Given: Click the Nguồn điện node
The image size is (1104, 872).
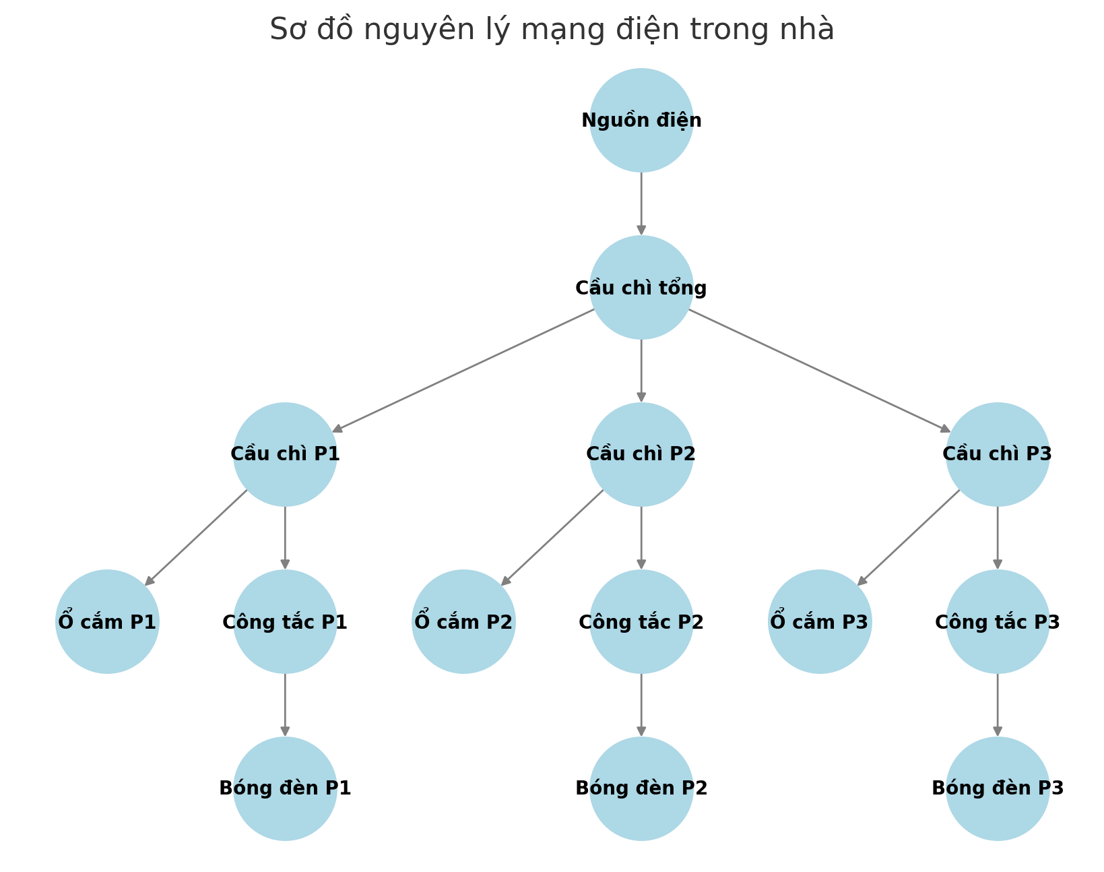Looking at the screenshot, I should coord(641,120).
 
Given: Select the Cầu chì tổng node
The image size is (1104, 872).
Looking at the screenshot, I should coord(641,287).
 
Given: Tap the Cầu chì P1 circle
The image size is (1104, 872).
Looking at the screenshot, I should coord(285,454).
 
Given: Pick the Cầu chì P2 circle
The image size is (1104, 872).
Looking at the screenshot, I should coord(641,454).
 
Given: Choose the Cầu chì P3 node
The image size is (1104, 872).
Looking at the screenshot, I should coord(998,454).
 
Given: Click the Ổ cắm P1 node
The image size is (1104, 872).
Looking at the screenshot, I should coord(107,621).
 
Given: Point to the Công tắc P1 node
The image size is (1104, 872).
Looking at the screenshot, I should coord(285,621).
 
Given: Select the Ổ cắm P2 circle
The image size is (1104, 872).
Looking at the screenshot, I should coord(463,621).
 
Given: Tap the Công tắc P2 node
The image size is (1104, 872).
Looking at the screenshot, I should coord(641,621).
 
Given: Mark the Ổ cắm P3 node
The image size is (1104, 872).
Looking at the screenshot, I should coord(820,621).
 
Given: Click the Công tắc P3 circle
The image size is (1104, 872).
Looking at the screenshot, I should coord(998,621).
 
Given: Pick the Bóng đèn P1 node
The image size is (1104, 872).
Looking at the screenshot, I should coord(285,788).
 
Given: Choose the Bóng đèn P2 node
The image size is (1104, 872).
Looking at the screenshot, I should coord(641,788).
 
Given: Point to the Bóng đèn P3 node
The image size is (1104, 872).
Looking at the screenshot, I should coord(998,788).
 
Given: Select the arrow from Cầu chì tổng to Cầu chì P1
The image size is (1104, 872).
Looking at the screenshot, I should coord(463,371).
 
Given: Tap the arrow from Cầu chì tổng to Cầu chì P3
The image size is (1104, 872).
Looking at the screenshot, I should coord(819,371).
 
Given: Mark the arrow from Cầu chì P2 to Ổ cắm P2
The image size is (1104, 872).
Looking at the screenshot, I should coord(552,538).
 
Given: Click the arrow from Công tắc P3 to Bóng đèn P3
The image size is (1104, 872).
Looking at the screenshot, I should coord(998,705).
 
